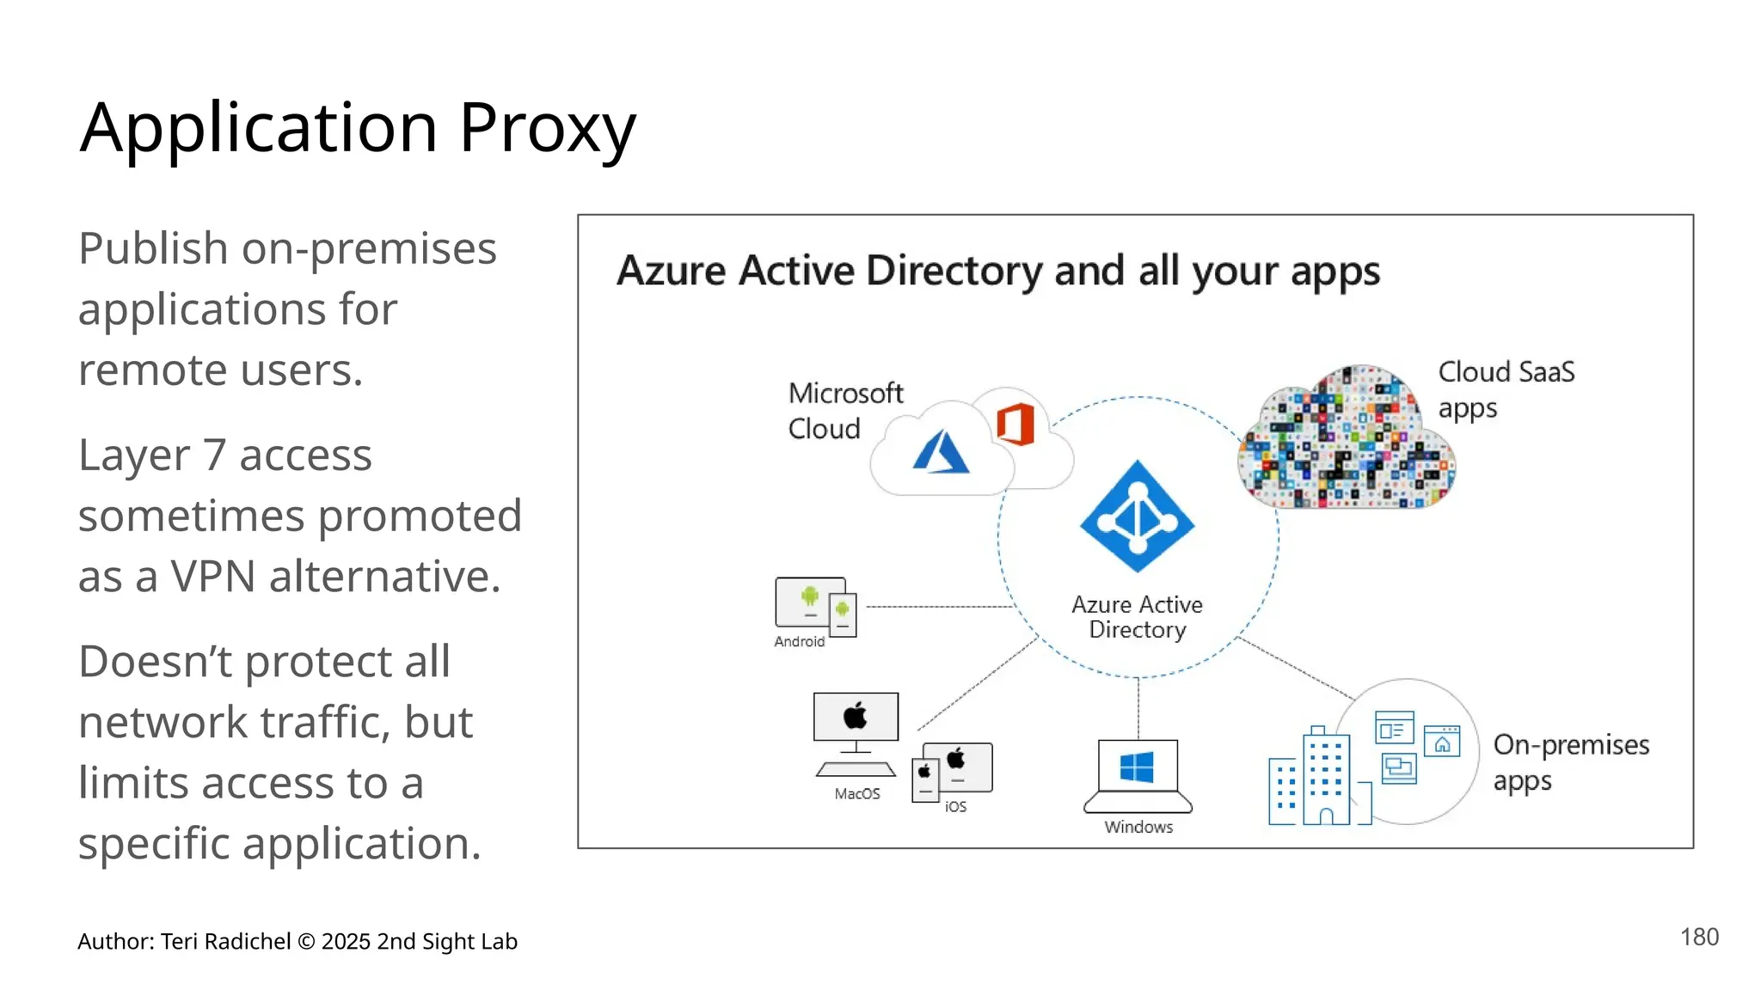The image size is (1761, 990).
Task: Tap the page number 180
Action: [1699, 937]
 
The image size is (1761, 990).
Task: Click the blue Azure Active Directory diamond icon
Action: [1137, 516]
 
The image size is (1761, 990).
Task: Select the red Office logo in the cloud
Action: [1015, 424]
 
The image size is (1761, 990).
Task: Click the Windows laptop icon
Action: [1138, 775]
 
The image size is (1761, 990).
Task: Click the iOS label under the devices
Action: [955, 806]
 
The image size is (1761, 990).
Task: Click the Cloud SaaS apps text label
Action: [1506, 389]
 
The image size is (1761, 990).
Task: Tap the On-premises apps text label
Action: [1570, 761]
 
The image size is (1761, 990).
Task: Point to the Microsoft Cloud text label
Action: [844, 411]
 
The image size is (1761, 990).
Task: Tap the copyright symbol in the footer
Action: [305, 942]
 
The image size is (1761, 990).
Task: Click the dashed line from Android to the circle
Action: [937, 607]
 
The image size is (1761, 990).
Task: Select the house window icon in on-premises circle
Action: [1441, 742]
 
